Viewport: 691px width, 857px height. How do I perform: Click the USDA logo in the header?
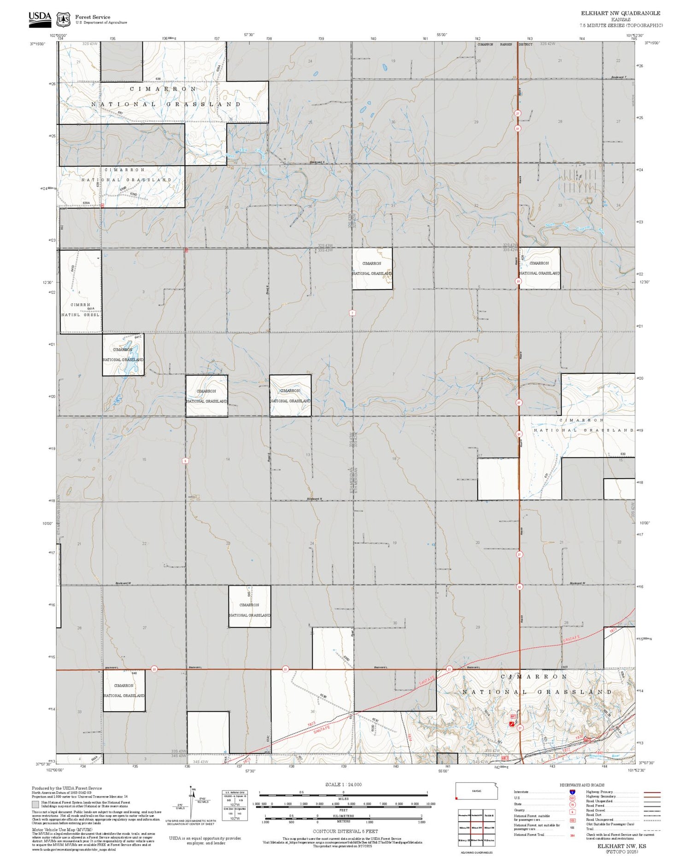(40, 19)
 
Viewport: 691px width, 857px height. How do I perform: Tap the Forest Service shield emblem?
(63, 20)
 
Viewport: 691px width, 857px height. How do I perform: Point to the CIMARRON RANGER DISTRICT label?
(505, 45)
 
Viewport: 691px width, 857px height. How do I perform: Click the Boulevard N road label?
(315, 499)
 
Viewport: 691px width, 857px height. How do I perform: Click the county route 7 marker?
(352, 313)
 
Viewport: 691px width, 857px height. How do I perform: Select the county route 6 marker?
(185, 461)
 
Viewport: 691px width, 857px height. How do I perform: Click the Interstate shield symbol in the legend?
(572, 792)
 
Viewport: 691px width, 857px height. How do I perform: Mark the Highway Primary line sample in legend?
(650, 793)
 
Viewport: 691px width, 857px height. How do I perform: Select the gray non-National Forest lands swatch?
(35, 805)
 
